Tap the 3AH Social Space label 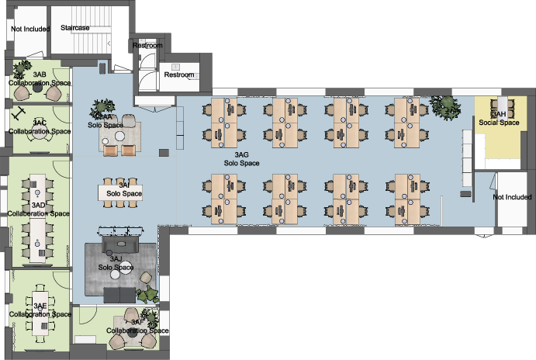click(x=499, y=118)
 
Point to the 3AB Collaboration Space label click(x=39, y=78)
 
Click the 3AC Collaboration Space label click(x=39, y=127)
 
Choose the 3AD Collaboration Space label click(x=39, y=209)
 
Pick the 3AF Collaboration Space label click(x=137, y=327)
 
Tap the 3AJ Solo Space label click(x=116, y=263)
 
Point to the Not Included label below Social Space click(x=514, y=197)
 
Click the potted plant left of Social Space click(x=444, y=106)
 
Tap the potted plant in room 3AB click(x=25, y=65)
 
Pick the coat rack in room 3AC click(x=17, y=114)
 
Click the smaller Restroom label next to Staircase click(x=147, y=46)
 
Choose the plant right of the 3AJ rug click(x=148, y=293)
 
